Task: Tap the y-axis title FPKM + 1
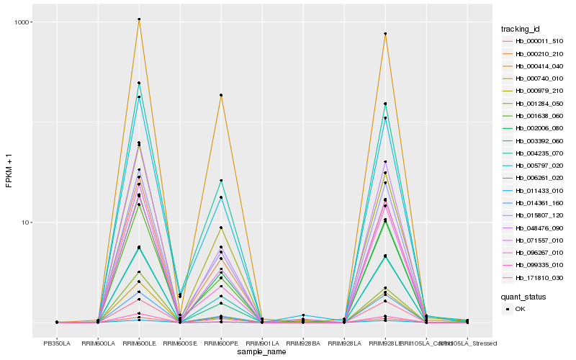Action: point(9,172)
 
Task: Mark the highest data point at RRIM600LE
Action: point(139,19)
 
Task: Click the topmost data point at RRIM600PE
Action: point(221,95)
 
